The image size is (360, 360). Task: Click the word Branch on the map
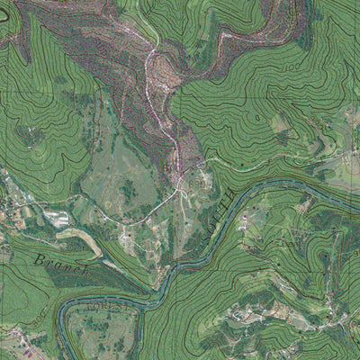pyautogui.click(x=63, y=264)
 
